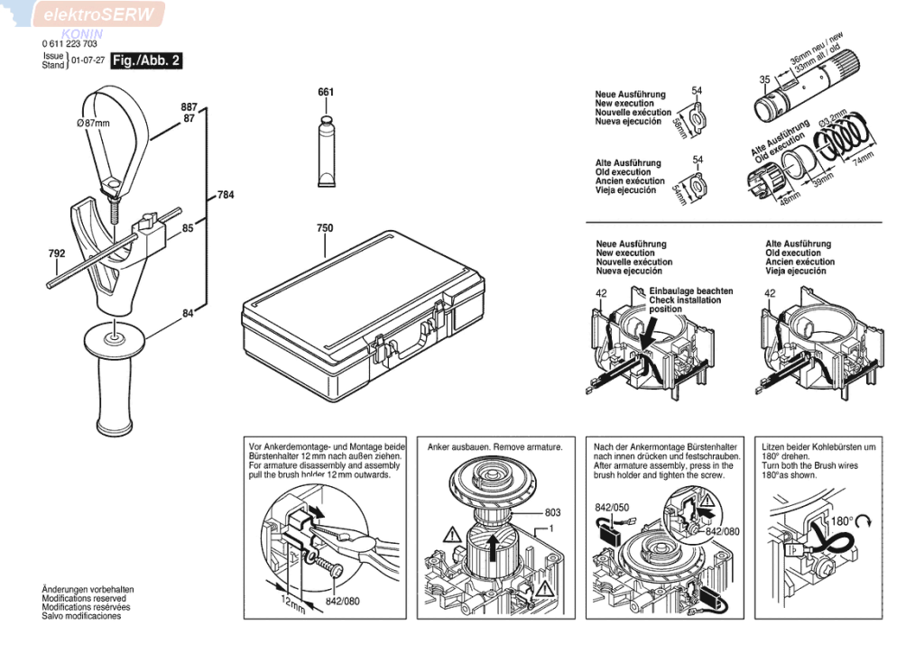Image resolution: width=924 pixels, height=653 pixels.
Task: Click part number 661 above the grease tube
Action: (326, 92)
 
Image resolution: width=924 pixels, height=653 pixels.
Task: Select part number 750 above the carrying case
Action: (325, 228)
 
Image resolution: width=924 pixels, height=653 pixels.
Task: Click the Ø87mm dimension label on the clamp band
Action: (93, 123)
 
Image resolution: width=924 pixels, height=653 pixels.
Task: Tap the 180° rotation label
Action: (842, 522)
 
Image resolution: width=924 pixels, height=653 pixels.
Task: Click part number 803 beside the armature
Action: (552, 512)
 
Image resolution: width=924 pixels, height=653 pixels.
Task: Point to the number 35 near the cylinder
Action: (764, 79)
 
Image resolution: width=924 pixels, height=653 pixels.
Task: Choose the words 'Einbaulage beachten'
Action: (690, 291)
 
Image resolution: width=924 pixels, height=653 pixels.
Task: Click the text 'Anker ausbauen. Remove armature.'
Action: (495, 447)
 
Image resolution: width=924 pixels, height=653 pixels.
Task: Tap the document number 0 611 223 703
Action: (69, 43)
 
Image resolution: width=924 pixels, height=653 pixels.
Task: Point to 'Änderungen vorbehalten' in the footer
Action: (82, 590)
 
